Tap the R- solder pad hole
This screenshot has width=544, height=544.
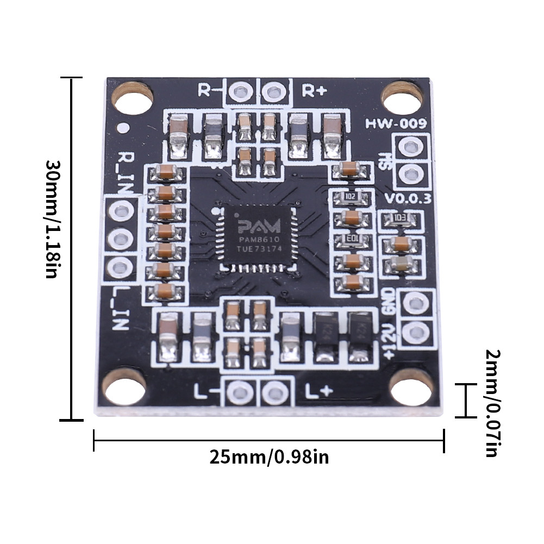[239, 91]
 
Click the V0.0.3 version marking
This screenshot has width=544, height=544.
[408, 198]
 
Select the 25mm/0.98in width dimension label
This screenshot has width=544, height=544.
[269, 457]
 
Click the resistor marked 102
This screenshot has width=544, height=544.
[351, 196]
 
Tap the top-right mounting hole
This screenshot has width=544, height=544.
[403, 98]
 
